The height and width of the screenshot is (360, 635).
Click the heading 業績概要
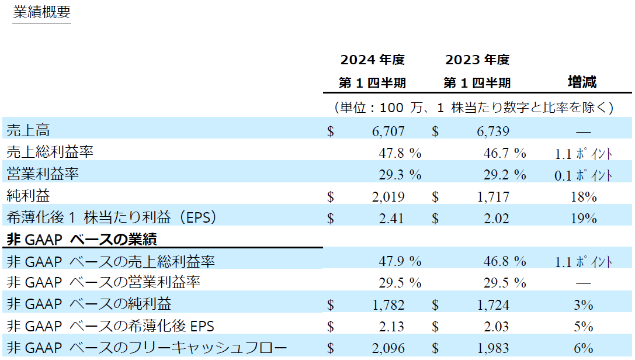point(41,13)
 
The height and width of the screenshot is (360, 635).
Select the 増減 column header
point(582,82)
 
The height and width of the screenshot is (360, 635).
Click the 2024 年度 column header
point(373,60)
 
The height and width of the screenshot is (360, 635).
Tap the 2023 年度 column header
point(477,60)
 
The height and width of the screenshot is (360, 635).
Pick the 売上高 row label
point(28,130)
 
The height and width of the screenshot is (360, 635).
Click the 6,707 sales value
point(388,131)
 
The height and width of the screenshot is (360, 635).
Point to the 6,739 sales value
point(492,131)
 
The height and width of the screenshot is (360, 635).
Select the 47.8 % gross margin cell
point(399,153)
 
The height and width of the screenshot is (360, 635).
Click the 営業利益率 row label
point(43,174)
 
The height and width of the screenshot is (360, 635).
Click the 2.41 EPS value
point(391,219)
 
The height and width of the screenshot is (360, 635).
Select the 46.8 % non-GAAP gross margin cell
point(504,261)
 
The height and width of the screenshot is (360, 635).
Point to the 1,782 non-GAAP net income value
point(388,304)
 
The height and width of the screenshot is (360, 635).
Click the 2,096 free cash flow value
point(388,348)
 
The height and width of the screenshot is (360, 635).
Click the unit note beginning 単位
point(473,108)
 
